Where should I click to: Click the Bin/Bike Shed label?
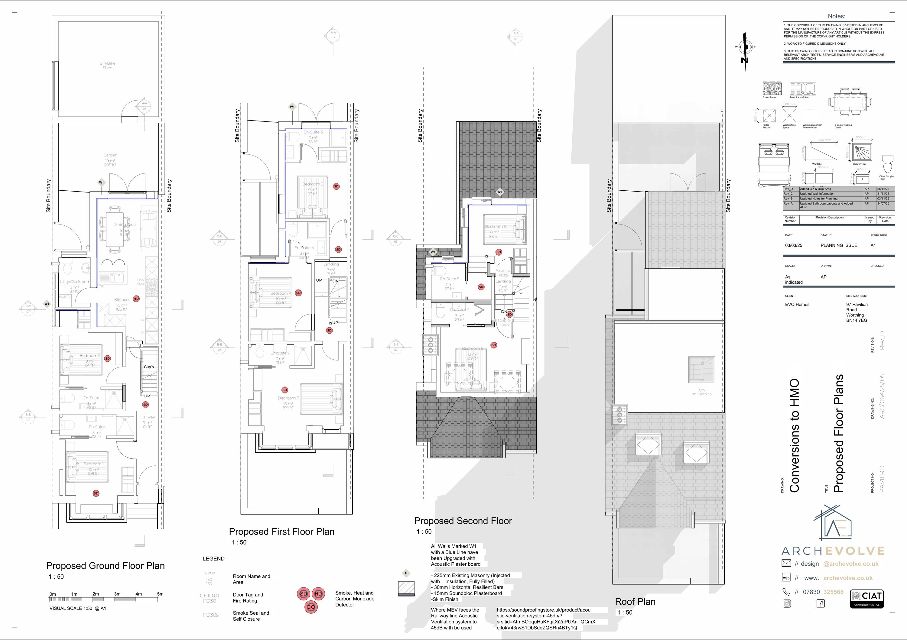[x=107, y=66]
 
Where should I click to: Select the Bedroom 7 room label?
[x=288, y=398]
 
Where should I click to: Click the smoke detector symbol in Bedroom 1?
[x=96, y=493]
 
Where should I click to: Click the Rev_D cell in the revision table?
[x=788, y=189]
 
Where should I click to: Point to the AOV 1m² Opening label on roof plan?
[x=702, y=392]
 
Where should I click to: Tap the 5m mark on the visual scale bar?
[x=160, y=594]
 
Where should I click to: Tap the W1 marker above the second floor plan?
[x=500, y=192]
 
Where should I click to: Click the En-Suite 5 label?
[x=450, y=279]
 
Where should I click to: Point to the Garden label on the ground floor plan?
[x=111, y=155]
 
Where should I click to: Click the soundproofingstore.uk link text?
[x=543, y=610]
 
